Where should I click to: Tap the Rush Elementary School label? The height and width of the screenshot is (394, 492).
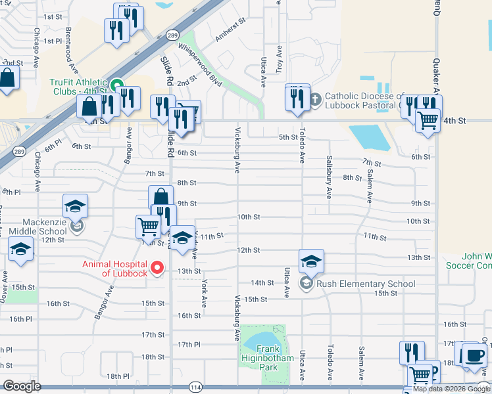tap(366, 284)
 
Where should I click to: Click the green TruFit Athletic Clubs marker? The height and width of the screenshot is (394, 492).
tap(116, 85)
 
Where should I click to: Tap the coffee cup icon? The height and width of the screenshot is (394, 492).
tap(474, 357)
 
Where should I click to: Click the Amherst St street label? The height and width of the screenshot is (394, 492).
tap(230, 30)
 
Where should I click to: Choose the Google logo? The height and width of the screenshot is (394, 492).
tap(22, 386)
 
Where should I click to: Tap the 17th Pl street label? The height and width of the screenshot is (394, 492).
tap(188, 345)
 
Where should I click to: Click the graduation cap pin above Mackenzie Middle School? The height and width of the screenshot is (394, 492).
tap(76, 207)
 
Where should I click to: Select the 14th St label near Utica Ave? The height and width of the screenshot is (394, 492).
tap(262, 283)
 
